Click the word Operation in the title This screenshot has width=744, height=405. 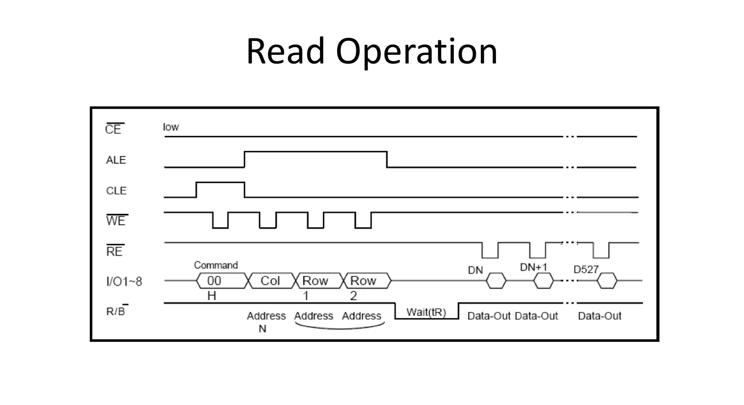coord(416,52)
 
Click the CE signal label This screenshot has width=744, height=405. coord(113,129)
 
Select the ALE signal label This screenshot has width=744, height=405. coord(116,160)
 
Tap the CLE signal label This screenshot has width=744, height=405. coord(116,191)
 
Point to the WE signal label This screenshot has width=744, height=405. coord(116,221)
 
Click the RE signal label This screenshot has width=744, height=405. coord(114,251)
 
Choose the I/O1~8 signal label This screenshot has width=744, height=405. coord(124,281)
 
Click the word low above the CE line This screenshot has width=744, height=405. coord(171,127)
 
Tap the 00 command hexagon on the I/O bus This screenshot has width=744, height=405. coord(221,281)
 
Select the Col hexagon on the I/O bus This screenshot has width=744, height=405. coord(270,281)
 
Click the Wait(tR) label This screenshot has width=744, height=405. coord(426,312)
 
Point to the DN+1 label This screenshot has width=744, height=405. coord(533,267)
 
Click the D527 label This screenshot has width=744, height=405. coord(586,269)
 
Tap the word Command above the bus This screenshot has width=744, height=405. coord(216,265)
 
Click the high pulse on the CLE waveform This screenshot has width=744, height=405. coord(220,183)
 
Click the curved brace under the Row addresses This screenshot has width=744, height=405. coord(340,328)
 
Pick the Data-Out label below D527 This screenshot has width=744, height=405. coord(599,316)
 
